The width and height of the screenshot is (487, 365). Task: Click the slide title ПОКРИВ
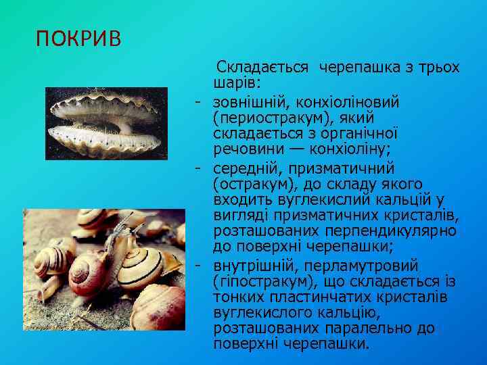[79, 39]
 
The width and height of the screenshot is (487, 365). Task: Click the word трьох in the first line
[437, 68]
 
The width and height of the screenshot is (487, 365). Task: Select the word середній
[244, 167]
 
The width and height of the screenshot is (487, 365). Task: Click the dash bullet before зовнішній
[197, 102]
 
